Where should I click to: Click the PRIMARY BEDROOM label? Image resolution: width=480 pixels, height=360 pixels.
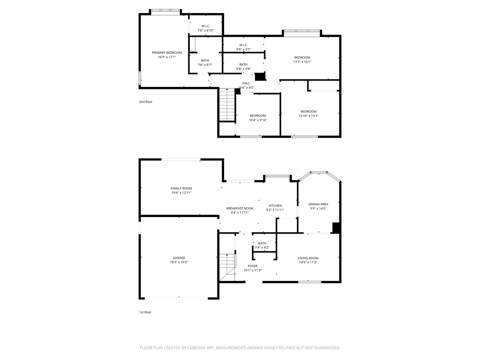pos(167,53)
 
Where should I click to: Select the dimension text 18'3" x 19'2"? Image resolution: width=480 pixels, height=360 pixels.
pos(179,262)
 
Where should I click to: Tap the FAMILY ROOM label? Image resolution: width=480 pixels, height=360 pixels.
pos(181,188)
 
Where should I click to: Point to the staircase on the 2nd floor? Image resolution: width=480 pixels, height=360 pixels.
pos(227,105)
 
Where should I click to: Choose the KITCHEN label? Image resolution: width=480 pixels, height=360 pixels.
pos(275,206)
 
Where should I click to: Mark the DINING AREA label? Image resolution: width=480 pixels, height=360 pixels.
pos(318,204)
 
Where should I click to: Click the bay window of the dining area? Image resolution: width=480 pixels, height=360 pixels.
pos(319,173)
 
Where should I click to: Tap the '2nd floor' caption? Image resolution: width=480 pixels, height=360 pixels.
pos(146,102)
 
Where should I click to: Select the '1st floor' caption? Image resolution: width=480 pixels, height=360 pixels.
pos(145,312)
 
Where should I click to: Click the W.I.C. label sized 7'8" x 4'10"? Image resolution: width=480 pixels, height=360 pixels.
pos(205,26)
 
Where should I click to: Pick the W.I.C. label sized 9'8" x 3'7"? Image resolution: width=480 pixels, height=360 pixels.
pos(243,45)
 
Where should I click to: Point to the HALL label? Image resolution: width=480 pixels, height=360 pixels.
pos(246,83)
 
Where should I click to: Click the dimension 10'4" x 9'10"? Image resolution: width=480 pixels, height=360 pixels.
pos(258,120)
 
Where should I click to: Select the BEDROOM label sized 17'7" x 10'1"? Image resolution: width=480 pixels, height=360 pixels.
pos(302,57)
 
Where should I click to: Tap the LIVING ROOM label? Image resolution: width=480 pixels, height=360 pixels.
pos(308,258)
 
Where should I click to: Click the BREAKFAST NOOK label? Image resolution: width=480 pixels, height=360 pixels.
pos(239,208)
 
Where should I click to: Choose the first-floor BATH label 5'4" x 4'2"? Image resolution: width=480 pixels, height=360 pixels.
pos(262,243)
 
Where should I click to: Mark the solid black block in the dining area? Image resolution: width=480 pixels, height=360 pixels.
pos(336,227)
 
